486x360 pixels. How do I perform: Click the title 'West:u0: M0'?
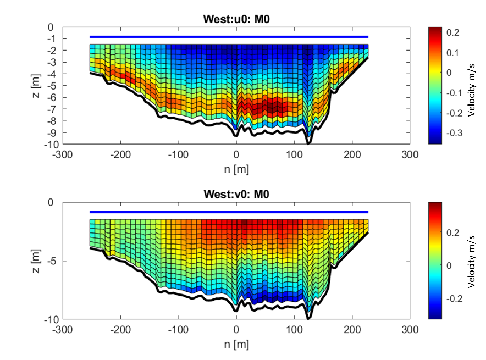[x=236, y=20]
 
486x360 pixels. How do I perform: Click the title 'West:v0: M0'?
[x=236, y=194]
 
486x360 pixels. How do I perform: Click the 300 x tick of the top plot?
[x=409, y=154]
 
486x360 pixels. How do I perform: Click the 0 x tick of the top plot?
[x=236, y=154]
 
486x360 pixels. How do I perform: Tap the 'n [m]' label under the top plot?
[x=236, y=169]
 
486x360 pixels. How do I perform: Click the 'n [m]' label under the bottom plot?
[x=236, y=344]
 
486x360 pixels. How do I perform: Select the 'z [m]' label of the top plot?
[x=34, y=85]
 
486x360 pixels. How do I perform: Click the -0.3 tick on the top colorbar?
[x=454, y=134]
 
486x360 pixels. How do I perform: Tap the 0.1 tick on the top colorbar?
[x=452, y=52]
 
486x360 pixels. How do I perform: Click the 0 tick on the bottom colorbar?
[x=449, y=265]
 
